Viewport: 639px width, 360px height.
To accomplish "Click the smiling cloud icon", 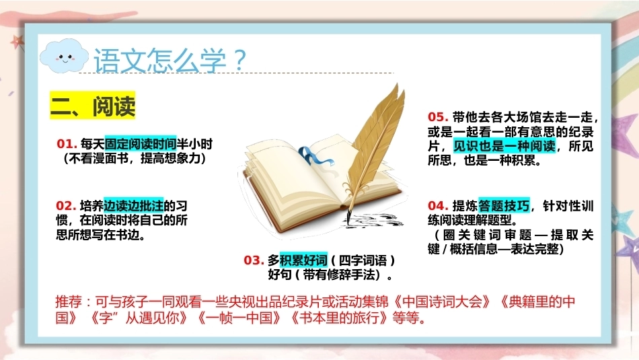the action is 64,56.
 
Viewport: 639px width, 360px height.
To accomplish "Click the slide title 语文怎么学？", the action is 170,61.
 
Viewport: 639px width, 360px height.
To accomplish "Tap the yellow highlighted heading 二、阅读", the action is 93,106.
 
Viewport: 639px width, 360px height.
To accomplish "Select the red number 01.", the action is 67,143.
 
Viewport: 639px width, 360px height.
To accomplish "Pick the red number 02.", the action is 66,205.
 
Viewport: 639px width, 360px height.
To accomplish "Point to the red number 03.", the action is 254,260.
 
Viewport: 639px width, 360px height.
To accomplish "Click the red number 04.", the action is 438,205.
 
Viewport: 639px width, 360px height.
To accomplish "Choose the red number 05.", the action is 438,117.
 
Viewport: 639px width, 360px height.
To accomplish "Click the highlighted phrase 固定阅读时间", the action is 141,143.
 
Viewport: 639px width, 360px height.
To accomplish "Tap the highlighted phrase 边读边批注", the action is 134,205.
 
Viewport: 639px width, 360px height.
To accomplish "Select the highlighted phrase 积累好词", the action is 303,260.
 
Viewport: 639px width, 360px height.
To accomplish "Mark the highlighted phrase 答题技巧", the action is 504,205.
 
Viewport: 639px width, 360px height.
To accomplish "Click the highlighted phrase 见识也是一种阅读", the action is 504,145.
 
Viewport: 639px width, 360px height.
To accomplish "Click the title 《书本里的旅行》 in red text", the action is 339,318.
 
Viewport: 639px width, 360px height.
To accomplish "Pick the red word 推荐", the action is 69,301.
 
